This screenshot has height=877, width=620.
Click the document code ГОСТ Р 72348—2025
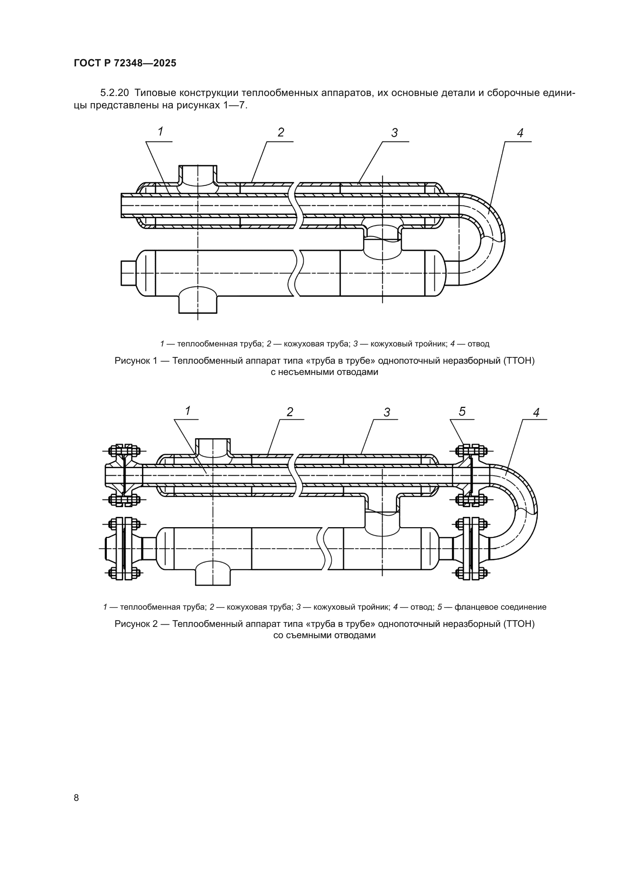pyautogui.click(x=125, y=63)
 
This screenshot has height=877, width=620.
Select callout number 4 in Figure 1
pyautogui.click(x=520, y=133)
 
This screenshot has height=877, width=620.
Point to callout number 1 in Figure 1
pyautogui.click(x=161, y=132)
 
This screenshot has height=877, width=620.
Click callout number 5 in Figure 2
pyautogui.click(x=462, y=411)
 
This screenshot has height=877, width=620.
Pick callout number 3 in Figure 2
pyautogui.click(x=387, y=412)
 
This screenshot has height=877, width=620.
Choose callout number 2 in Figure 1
pyautogui.click(x=281, y=132)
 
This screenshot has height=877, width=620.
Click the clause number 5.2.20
pyautogui.click(x=115, y=93)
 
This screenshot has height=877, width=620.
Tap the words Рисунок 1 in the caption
pyautogui.click(x=136, y=361)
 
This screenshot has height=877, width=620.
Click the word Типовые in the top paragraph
pyautogui.click(x=156, y=93)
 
